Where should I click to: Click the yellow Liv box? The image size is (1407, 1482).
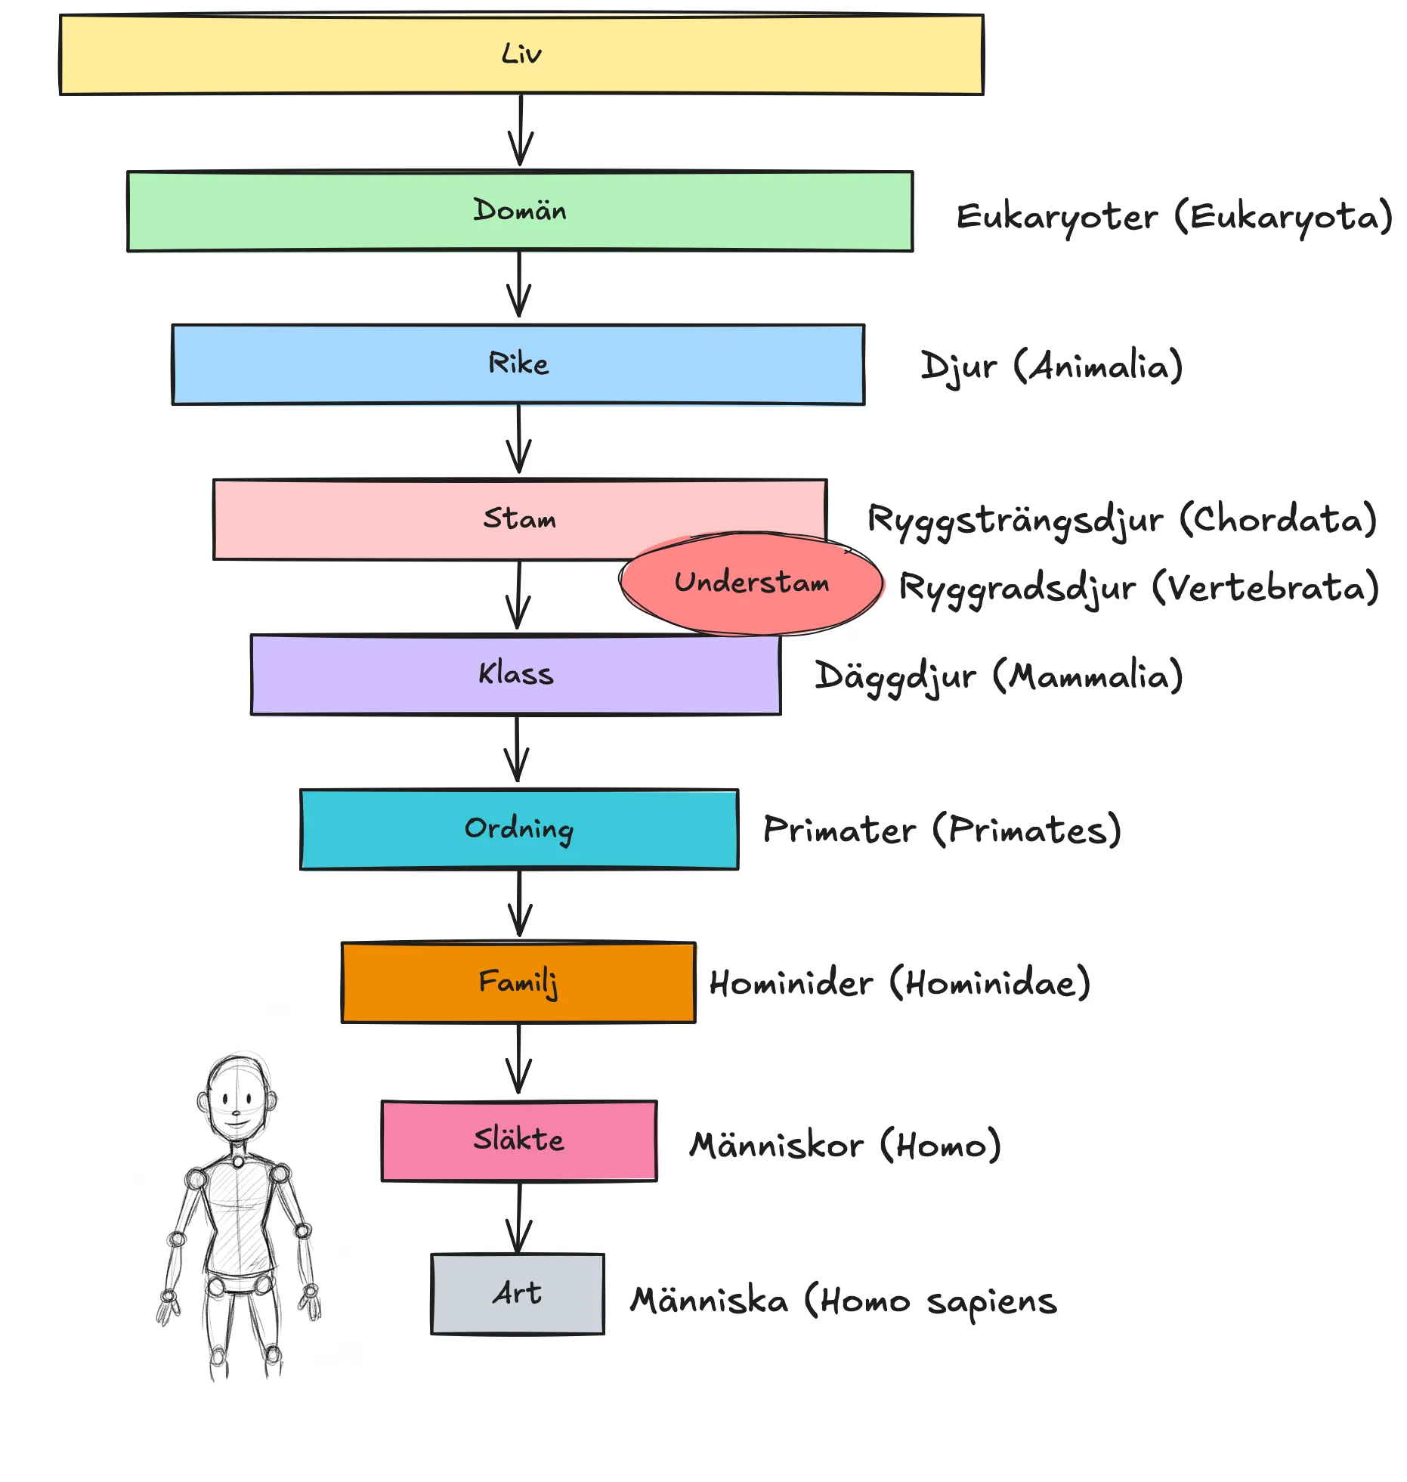(x=521, y=54)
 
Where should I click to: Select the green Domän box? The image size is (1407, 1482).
(x=520, y=211)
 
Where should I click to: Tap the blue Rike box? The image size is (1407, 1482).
(x=518, y=364)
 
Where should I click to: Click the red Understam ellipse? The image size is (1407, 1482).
(x=752, y=583)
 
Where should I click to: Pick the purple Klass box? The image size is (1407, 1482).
(x=516, y=674)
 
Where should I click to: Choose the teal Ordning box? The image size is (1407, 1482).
(x=519, y=829)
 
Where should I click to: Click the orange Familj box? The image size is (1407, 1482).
(x=518, y=982)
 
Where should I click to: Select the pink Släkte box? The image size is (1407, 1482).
(x=519, y=1140)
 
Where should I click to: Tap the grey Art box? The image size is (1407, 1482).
(x=518, y=1294)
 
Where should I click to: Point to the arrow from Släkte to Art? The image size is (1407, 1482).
(x=519, y=1217)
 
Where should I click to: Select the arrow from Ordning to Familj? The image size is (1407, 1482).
(x=519, y=905)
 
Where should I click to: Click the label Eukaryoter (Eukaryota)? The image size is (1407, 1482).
(x=1174, y=218)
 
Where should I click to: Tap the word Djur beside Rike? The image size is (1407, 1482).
(x=958, y=367)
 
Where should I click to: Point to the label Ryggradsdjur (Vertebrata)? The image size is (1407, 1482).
(x=1138, y=589)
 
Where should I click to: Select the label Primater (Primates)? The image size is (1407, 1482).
(x=942, y=831)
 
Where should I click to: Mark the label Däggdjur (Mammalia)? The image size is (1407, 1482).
(x=998, y=676)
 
